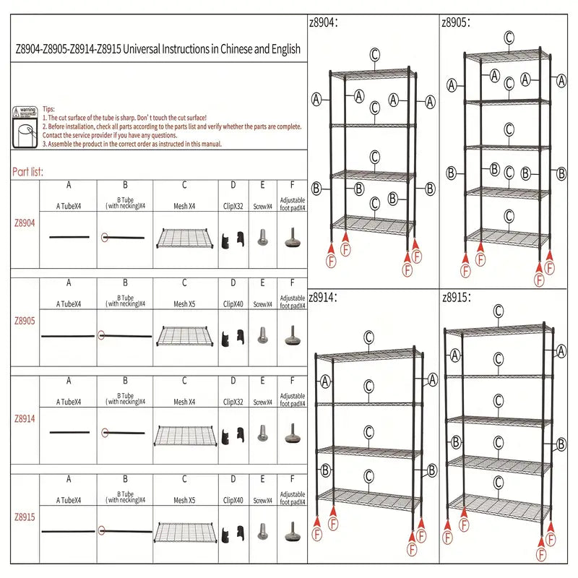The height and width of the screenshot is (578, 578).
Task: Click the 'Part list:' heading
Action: pyautogui.click(x=27, y=172)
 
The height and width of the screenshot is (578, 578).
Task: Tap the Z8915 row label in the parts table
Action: pyautogui.click(x=24, y=517)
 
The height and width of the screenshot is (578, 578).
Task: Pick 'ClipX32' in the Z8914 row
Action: pyautogui.click(x=233, y=402)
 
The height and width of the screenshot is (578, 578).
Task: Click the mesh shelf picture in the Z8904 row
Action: pyautogui.click(x=184, y=238)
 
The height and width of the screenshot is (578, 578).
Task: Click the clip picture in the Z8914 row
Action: pyautogui.click(x=233, y=433)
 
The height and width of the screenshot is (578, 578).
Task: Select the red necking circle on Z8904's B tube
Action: pyautogui.click(x=105, y=237)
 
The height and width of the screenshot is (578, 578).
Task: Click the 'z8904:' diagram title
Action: pyautogui.click(x=323, y=22)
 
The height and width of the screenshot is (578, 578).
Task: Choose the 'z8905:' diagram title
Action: pyautogui.click(x=456, y=22)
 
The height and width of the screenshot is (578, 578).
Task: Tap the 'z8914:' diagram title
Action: pyautogui.click(x=323, y=296)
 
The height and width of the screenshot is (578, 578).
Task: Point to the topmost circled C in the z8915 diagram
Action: pyautogui.click(x=498, y=311)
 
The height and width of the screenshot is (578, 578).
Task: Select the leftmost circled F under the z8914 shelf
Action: pyautogui.click(x=317, y=535)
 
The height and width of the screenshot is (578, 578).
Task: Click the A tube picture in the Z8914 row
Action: pyautogui.click(x=69, y=433)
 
